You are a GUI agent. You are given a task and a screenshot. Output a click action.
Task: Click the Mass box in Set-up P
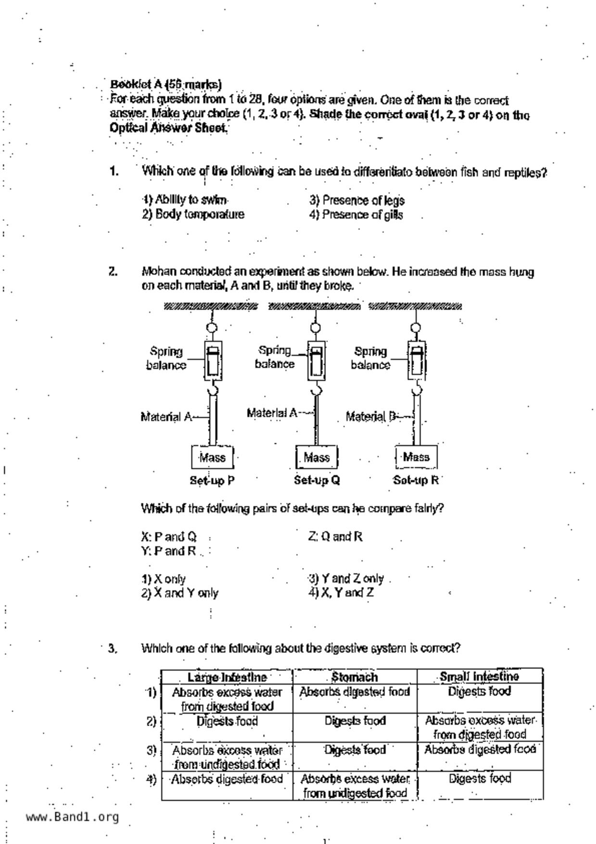pyautogui.click(x=212, y=457)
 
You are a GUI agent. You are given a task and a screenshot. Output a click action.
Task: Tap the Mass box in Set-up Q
pyautogui.click(x=317, y=457)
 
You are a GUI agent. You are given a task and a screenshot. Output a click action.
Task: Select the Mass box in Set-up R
pyautogui.click(x=416, y=457)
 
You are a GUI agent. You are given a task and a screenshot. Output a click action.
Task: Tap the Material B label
pyautogui.click(x=371, y=416)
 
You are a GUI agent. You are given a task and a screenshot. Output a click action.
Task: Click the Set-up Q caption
pyautogui.click(x=317, y=480)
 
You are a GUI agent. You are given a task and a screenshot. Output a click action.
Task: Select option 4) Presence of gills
pyautogui.click(x=356, y=215)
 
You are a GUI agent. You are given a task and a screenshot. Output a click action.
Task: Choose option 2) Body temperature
pyautogui.click(x=193, y=214)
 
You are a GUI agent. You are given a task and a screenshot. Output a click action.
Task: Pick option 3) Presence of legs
pyautogui.click(x=357, y=200)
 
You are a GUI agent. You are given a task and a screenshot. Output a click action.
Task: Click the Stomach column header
pyautogui.click(x=355, y=677)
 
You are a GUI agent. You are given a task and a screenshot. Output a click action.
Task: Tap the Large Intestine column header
pyautogui.click(x=227, y=677)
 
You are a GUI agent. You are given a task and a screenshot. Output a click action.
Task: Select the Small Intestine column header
pyautogui.click(x=479, y=677)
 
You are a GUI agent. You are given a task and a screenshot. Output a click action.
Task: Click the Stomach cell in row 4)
pyautogui.click(x=355, y=785)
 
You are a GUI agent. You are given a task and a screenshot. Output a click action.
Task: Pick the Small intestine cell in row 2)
pyautogui.click(x=480, y=727)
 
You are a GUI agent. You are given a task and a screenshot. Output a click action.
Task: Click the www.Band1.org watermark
pyautogui.click(x=72, y=817)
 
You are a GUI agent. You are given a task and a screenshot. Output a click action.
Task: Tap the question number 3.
pyautogui.click(x=113, y=649)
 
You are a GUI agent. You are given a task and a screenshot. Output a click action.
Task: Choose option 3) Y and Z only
pyautogui.click(x=346, y=578)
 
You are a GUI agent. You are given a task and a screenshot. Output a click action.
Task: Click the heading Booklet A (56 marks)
pyautogui.click(x=166, y=85)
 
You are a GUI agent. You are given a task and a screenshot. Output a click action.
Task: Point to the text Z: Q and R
pyautogui.click(x=335, y=537)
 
